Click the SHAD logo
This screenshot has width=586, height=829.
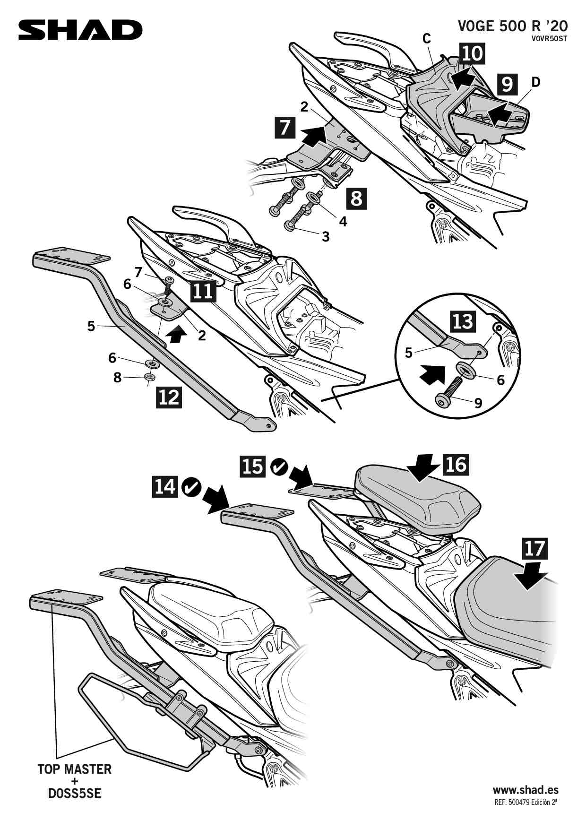pos(80,30)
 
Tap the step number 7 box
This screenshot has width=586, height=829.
pos(285,128)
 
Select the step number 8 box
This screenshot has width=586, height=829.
pos(357,199)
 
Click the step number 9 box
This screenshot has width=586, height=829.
pos(507,84)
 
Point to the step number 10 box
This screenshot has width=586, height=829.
pos(472,53)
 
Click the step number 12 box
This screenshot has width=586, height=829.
pos(168,397)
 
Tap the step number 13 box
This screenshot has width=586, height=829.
pos(463,322)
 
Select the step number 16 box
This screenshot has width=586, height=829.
pos(456,464)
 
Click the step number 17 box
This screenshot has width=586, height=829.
pos(534,549)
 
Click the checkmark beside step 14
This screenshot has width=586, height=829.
pos(191,487)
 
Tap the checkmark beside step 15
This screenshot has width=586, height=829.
pos(279,467)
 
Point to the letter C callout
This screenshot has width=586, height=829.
pos(427,39)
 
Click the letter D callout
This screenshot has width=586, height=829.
pos(535,82)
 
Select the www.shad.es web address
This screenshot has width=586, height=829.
pos(526,790)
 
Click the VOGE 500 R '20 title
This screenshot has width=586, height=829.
pos(512,26)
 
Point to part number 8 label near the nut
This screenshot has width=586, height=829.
pos(117,377)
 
